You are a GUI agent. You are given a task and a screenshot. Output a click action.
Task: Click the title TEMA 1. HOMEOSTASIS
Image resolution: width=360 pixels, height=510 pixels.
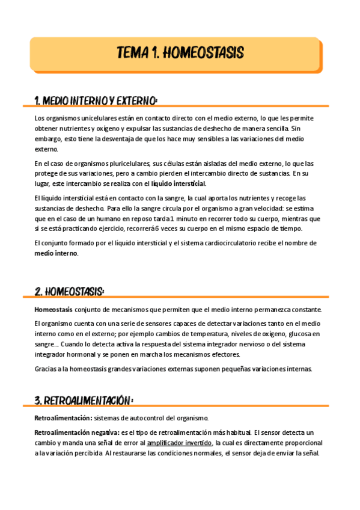(x=180, y=53)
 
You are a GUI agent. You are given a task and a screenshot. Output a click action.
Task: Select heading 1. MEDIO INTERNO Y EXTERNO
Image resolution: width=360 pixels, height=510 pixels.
(x=96, y=100)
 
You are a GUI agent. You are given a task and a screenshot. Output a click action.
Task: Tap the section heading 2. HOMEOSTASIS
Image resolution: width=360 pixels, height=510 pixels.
(x=70, y=291)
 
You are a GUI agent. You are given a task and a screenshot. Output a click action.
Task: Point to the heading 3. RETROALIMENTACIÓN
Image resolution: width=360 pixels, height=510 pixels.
(x=84, y=400)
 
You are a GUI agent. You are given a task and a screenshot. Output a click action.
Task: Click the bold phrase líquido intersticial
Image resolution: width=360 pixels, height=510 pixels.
(x=178, y=183)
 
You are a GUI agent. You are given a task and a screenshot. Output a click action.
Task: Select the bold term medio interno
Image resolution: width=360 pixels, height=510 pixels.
(x=56, y=253)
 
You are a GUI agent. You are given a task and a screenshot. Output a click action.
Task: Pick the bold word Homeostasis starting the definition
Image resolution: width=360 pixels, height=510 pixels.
(x=53, y=310)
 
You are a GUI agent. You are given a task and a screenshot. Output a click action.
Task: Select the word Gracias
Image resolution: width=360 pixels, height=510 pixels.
(x=47, y=369)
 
